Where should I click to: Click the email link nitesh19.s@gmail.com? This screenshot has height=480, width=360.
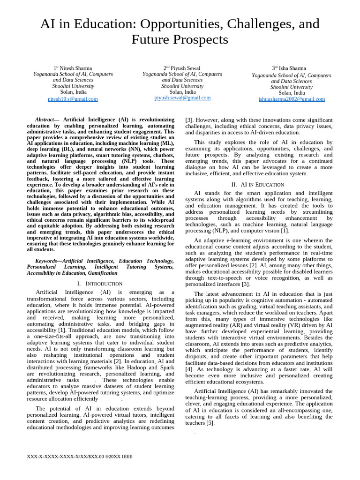pyautogui.click(x=73, y=99)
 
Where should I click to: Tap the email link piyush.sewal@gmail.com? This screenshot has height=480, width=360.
pyautogui.click(x=182, y=97)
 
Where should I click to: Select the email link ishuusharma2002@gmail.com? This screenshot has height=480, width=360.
pyautogui.click(x=292, y=99)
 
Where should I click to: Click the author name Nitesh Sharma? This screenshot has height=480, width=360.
pyautogui.click(x=75, y=68)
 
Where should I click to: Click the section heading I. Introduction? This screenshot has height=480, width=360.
pyautogui.click(x=100, y=284)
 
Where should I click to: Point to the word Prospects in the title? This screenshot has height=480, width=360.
pyautogui.click(x=204, y=40)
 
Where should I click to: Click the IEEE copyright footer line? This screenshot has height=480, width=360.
pyautogui.click(x=80, y=456)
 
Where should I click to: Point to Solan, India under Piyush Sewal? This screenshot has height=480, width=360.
pyautogui.click(x=182, y=92)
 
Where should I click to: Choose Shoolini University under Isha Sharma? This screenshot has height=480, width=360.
pyautogui.click(x=291, y=87)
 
